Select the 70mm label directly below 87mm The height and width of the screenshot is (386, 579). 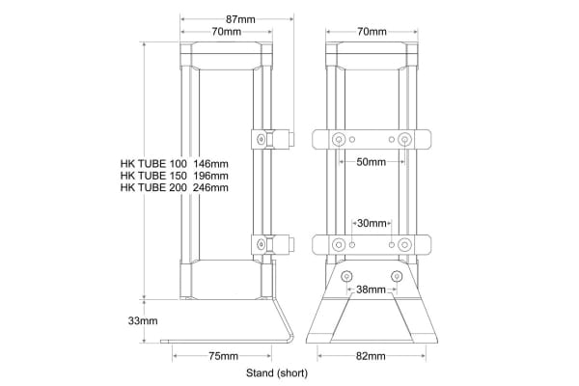226,32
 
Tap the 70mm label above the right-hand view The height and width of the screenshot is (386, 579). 372,32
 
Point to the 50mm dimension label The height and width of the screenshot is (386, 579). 371,161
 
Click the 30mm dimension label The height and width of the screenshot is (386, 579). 372,223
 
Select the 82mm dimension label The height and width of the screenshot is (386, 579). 371,356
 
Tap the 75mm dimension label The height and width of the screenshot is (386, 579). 223,356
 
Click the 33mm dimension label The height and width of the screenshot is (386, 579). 142,319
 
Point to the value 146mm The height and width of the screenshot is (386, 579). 210,163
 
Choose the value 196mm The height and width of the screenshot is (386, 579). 210,176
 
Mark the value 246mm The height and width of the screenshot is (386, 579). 210,188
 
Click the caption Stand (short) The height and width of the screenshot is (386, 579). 277,372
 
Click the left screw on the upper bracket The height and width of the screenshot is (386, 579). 339,140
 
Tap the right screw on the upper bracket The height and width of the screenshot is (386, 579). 404,140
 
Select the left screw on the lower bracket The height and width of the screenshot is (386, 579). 339,244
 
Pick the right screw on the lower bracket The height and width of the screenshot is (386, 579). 404,244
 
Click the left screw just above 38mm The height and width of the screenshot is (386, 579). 348,276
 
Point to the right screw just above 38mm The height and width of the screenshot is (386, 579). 395,276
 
